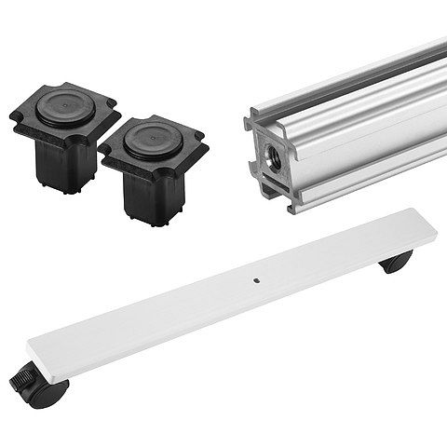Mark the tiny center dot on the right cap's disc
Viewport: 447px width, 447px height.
[152, 138]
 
